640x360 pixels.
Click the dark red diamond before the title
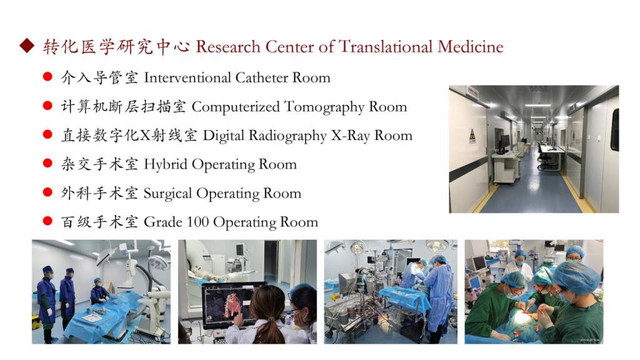27,46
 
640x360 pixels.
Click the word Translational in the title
385,46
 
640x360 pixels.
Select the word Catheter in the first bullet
262,77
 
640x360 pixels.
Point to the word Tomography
324,107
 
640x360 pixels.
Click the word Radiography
287,136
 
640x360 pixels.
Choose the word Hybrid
165,164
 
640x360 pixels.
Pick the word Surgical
167,194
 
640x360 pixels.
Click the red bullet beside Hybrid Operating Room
47,163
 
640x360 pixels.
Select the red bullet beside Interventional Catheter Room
47,76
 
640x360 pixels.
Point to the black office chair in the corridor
543,157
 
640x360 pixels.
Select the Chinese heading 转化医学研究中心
116,46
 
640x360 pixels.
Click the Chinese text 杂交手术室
99,164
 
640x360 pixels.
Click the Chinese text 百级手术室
99,222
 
